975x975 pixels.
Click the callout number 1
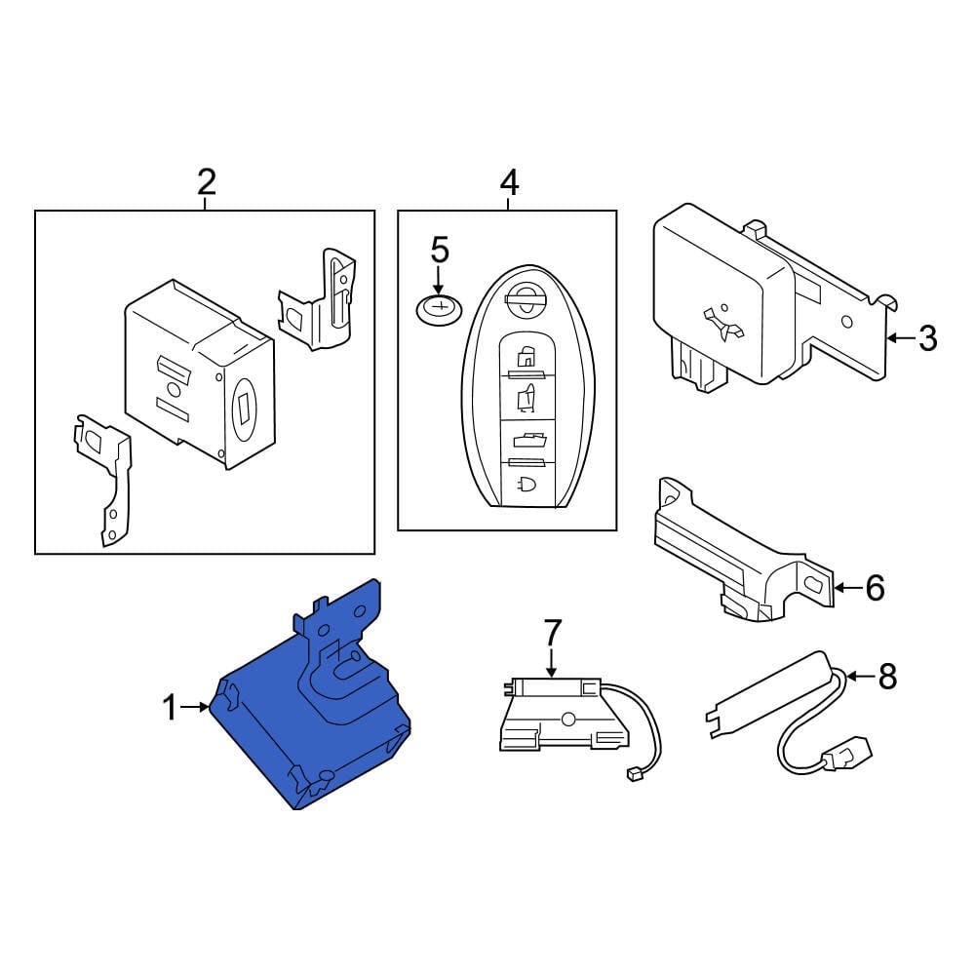click(171, 707)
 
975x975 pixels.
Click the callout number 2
click(206, 181)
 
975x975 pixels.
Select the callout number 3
click(927, 338)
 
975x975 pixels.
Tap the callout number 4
click(509, 181)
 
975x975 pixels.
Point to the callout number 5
click(440, 251)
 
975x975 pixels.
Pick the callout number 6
click(875, 587)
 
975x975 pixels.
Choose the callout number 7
click(552, 633)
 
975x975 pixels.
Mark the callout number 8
click(886, 676)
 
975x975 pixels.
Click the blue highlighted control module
click(312, 712)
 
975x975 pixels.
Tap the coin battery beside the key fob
click(439, 310)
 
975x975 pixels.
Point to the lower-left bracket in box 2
click(104, 478)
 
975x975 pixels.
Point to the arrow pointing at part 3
click(901, 338)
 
